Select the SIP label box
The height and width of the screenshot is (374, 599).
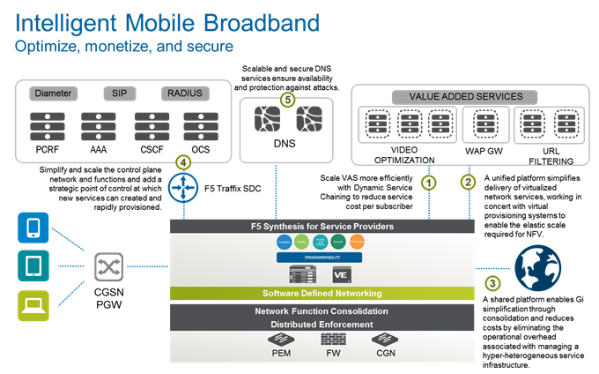click(x=119, y=93)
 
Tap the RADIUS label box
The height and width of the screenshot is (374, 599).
click(x=184, y=93)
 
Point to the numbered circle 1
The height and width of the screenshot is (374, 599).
click(x=427, y=183)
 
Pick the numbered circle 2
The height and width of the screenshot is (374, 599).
click(x=468, y=183)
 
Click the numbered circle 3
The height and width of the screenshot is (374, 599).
click(x=492, y=283)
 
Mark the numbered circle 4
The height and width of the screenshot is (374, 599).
click(x=183, y=162)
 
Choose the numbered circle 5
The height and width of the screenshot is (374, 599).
click(x=286, y=100)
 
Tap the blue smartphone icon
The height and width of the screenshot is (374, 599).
click(x=33, y=228)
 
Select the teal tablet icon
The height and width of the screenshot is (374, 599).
click(x=33, y=266)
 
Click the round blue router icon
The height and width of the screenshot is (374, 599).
click(x=183, y=189)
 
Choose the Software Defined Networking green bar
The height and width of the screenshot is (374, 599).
click(x=322, y=293)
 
